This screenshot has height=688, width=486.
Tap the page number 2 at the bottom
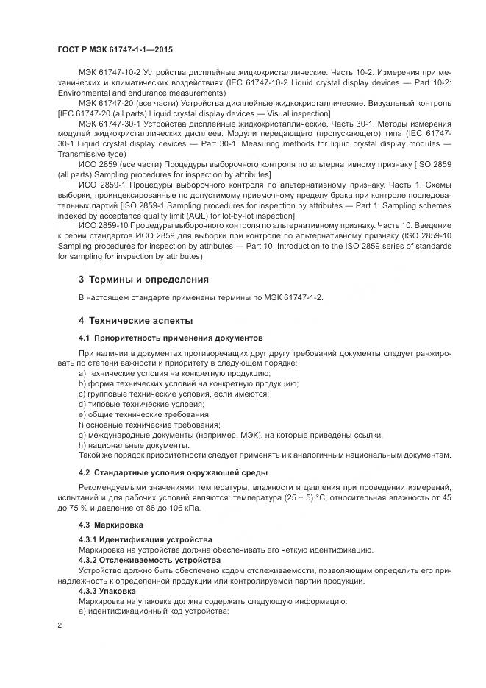[60, 625]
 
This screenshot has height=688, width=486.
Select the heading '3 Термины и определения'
[143, 280]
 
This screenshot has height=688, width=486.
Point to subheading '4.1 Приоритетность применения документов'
[169, 338]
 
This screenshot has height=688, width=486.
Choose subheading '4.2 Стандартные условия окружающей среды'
[173, 472]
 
